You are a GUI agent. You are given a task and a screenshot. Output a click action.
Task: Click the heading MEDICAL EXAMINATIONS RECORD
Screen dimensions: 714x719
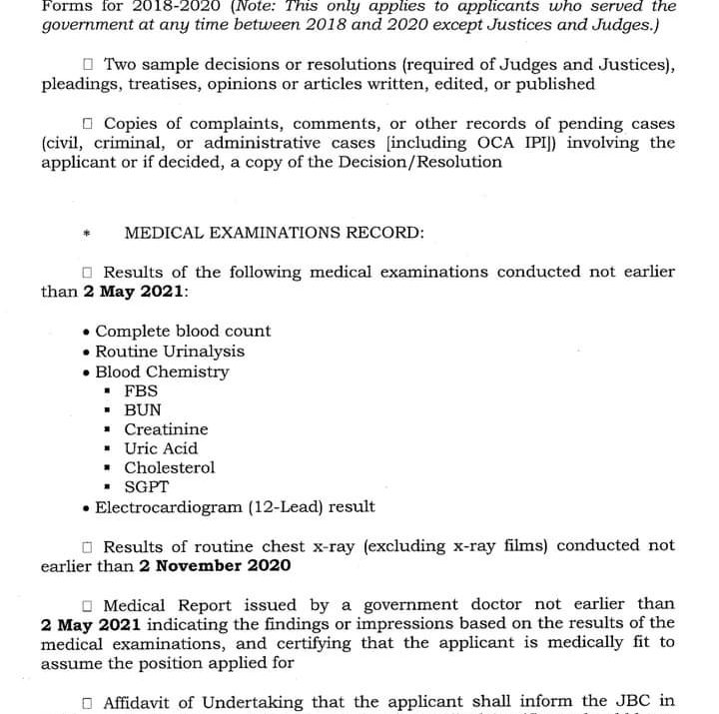[x=274, y=233]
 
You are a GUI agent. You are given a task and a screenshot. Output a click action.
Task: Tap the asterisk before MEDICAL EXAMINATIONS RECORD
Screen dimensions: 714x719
[x=87, y=235]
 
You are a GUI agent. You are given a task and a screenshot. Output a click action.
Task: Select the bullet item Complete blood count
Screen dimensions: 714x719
[x=183, y=331]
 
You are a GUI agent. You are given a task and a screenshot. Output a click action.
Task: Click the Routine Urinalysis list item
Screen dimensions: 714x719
[x=170, y=352]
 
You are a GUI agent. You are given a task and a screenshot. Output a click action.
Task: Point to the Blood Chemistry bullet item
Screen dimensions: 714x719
[x=162, y=371]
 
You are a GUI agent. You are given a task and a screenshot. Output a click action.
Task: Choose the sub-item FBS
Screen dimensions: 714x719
[x=141, y=390]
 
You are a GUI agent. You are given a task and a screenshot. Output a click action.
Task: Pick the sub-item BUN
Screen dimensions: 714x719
[x=142, y=409]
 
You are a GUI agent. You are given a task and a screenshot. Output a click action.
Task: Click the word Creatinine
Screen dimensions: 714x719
[x=166, y=429]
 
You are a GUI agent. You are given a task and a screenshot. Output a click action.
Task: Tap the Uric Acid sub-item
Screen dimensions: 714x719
[x=161, y=448]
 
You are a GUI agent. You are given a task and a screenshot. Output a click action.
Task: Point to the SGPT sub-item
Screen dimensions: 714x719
[x=146, y=487]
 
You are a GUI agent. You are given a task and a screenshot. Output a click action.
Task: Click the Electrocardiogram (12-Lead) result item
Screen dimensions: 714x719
[x=235, y=507]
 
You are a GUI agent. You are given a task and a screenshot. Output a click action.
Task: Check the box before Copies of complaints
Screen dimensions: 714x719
[x=87, y=124]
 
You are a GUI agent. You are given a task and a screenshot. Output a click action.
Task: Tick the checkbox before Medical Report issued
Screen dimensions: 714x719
[x=87, y=605]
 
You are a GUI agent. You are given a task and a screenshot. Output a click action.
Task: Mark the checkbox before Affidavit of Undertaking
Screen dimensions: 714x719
[x=87, y=703]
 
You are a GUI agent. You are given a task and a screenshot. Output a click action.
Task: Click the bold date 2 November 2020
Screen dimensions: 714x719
[x=215, y=566]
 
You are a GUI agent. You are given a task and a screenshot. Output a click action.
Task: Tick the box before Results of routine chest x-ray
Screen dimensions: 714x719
[x=87, y=547]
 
